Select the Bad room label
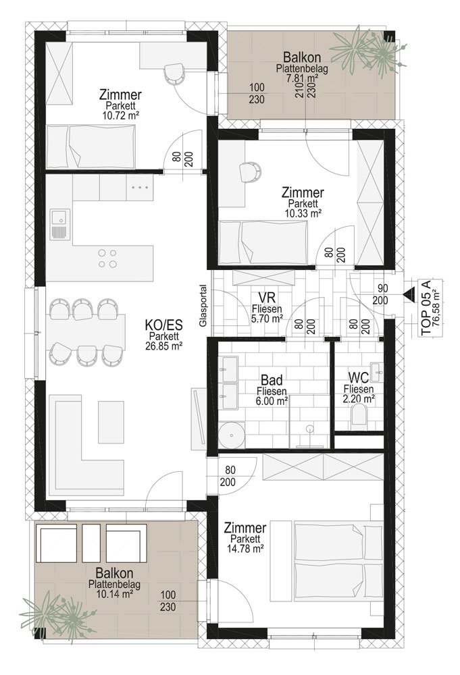pos(272,380)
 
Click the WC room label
pos(359,377)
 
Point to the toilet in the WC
pos(359,417)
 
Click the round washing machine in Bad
pos(231,435)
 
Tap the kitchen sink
pos(57,225)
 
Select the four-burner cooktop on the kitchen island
pos(107,259)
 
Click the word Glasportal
pos(203,305)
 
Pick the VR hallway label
pos(267,297)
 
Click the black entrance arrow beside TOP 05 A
pos(407,294)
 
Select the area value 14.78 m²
pos(245,548)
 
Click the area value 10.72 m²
pos(120,115)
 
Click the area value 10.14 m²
pos(114,593)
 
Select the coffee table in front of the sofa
pos(111,422)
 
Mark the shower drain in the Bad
pos(309,429)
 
